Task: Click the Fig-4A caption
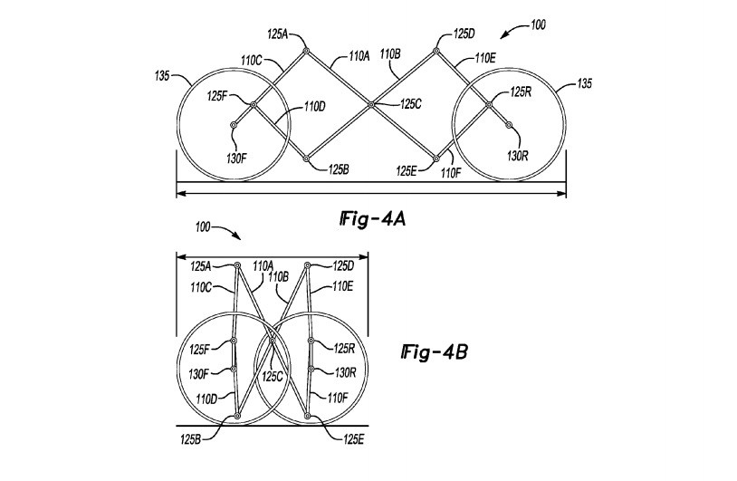tap(373, 219)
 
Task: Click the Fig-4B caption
tap(435, 352)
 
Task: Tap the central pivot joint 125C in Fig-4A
tap(371, 104)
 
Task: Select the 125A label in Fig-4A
tap(277, 34)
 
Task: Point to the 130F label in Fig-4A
tap(236, 159)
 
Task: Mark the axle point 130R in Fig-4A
tap(509, 125)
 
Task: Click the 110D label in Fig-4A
tap(315, 106)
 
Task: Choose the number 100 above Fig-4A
tap(538, 24)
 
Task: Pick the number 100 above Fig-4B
tap(203, 227)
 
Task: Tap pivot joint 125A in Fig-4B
tap(237, 265)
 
